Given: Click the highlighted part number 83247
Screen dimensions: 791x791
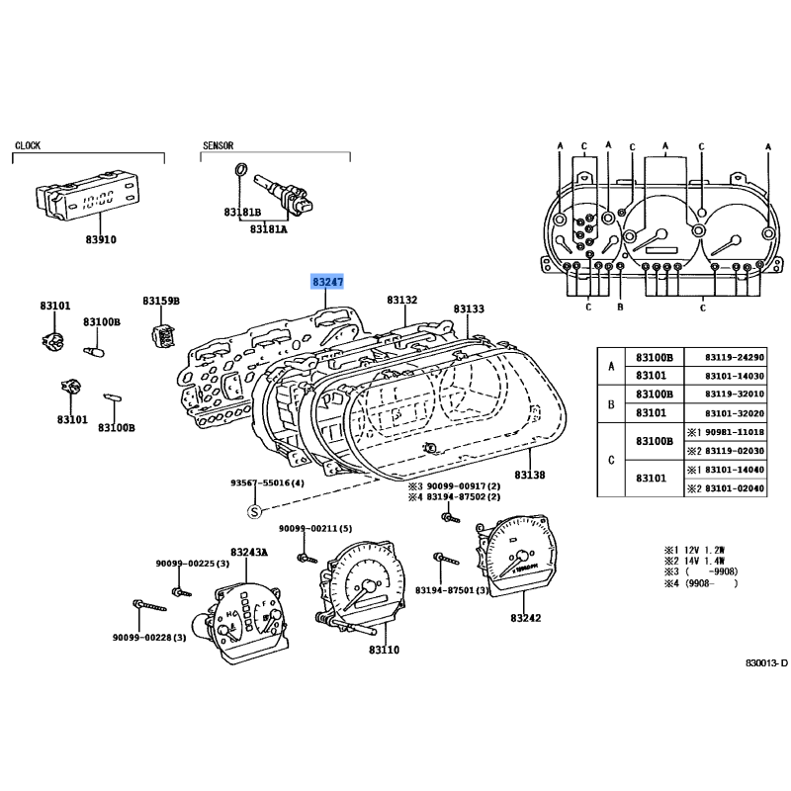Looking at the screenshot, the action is click(327, 282).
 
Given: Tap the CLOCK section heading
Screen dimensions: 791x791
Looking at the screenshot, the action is click(28, 145).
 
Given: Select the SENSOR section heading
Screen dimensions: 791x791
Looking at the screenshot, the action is click(218, 145).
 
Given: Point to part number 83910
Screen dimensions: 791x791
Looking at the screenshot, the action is click(101, 239).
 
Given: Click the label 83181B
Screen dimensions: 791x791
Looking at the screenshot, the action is click(242, 213).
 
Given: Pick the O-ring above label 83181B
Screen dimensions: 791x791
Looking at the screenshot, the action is click(241, 169).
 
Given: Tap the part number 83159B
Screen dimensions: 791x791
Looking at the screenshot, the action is click(161, 302).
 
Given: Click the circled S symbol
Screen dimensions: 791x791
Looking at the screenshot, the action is click(255, 511).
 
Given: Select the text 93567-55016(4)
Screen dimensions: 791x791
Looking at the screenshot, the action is click(267, 483).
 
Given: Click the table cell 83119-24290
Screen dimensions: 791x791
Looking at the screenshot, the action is click(735, 357).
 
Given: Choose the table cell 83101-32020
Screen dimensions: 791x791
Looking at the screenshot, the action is click(735, 413).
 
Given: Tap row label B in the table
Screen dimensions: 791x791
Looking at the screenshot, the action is click(611, 404).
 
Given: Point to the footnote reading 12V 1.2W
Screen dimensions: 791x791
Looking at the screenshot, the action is click(704, 550).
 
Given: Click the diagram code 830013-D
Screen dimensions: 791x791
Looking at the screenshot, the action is click(766, 662).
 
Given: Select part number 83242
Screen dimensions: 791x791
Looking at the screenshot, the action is click(525, 618).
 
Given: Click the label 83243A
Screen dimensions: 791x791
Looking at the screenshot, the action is click(249, 553).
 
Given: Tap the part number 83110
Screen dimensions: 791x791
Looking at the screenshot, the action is click(384, 651).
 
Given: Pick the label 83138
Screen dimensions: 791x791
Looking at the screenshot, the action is click(530, 475).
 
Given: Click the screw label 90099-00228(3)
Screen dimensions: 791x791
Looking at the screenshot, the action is click(149, 638).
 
